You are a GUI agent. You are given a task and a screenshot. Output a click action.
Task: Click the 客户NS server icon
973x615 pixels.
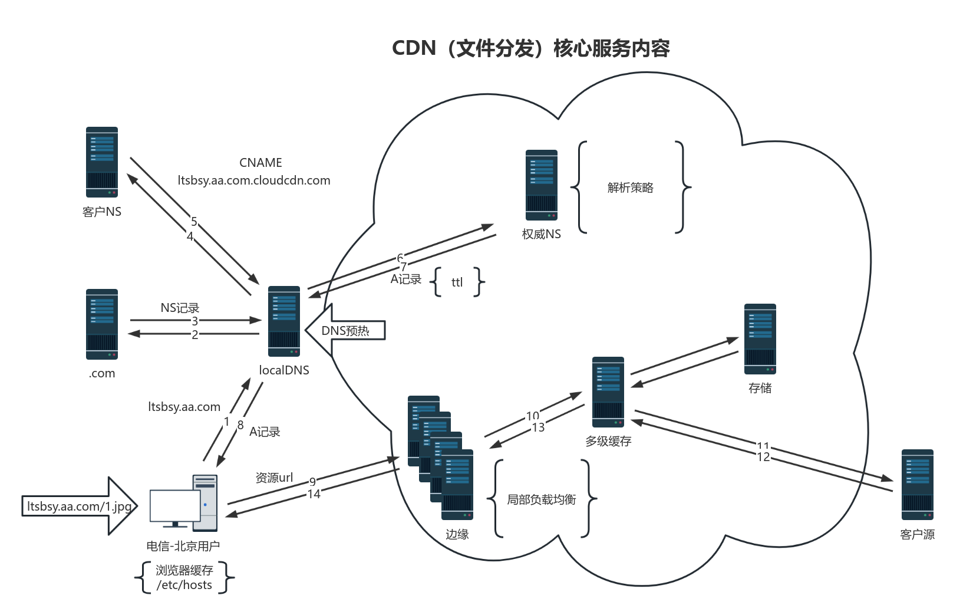pos(102,162)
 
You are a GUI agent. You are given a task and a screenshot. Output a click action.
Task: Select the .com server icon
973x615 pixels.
pos(102,324)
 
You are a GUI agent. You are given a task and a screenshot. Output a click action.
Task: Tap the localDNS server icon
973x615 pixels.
pos(284,321)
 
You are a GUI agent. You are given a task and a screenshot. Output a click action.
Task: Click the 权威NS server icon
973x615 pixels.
pos(542,185)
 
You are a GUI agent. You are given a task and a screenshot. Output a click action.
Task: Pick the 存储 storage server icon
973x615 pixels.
pos(760,339)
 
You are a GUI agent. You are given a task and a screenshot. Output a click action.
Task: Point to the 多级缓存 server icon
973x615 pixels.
pos(608,392)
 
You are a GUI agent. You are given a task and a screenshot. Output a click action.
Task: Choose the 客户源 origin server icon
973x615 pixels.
pos(917,485)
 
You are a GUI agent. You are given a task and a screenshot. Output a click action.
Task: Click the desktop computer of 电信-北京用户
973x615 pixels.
pos(184,504)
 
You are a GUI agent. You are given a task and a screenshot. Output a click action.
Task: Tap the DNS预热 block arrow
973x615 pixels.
pos(345,330)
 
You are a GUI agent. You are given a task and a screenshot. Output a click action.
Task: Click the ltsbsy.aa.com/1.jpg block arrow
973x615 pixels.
pos(80,507)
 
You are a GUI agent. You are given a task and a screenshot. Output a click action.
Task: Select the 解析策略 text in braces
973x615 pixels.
pos(631,188)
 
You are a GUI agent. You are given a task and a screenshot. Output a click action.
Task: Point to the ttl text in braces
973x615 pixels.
pos(457,282)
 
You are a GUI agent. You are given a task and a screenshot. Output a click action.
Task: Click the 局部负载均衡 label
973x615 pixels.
pos(542,499)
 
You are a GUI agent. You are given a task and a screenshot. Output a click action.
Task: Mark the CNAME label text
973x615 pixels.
pos(260,163)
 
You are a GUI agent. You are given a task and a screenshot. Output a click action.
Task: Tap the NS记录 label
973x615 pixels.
pos(180,308)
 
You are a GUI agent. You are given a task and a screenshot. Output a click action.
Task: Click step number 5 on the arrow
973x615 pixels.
pos(194,222)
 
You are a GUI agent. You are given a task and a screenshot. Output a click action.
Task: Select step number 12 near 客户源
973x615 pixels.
pos(763,457)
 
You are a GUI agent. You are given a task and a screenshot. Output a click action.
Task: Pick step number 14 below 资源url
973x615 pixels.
pos(314,494)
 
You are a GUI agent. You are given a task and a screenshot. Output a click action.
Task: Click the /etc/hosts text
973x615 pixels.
pos(184,585)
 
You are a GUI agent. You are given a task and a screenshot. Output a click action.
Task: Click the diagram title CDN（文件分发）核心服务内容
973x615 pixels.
pos(531,48)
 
